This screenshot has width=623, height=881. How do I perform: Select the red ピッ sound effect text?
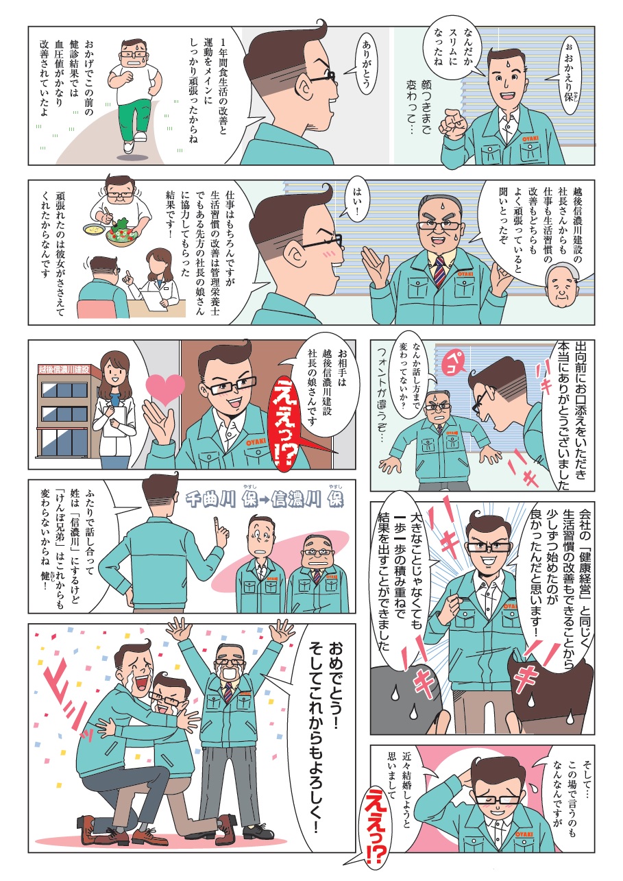pyautogui.click(x=65, y=705)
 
